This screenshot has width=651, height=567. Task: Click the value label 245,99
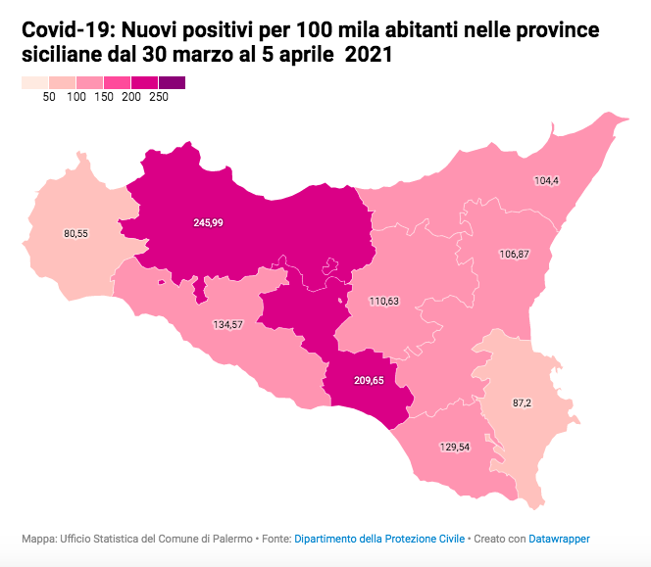click(x=208, y=223)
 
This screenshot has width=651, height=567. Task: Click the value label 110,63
click(x=383, y=302)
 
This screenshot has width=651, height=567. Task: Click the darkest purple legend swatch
click(x=172, y=83)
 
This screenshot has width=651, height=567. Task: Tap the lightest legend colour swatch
click(x=34, y=83)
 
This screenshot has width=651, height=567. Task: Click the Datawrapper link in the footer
click(x=559, y=539)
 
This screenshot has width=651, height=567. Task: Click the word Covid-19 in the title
click(x=63, y=32)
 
